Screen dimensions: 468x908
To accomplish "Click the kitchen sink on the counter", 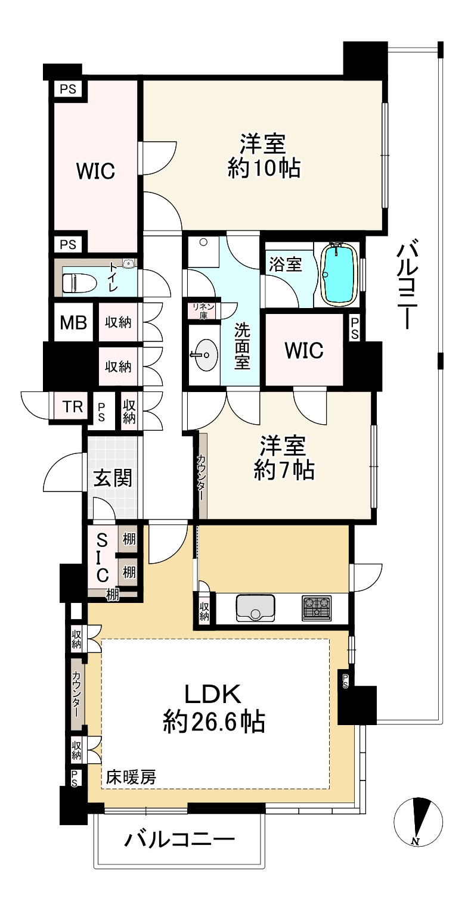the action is coord(256,608).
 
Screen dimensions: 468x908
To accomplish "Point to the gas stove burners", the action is coord(317,608).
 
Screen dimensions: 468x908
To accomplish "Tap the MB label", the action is coord(73,323).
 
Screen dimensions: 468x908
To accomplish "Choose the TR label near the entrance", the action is coord(73,406).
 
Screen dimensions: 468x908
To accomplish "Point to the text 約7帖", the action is coord(284,470).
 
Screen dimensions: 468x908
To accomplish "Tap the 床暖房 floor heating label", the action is coord(131,777).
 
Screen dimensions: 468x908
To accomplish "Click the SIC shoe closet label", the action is coord(102,557).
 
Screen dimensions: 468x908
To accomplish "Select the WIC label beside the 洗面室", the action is coord(304,350).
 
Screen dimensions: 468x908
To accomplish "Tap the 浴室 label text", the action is coord(286,265).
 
